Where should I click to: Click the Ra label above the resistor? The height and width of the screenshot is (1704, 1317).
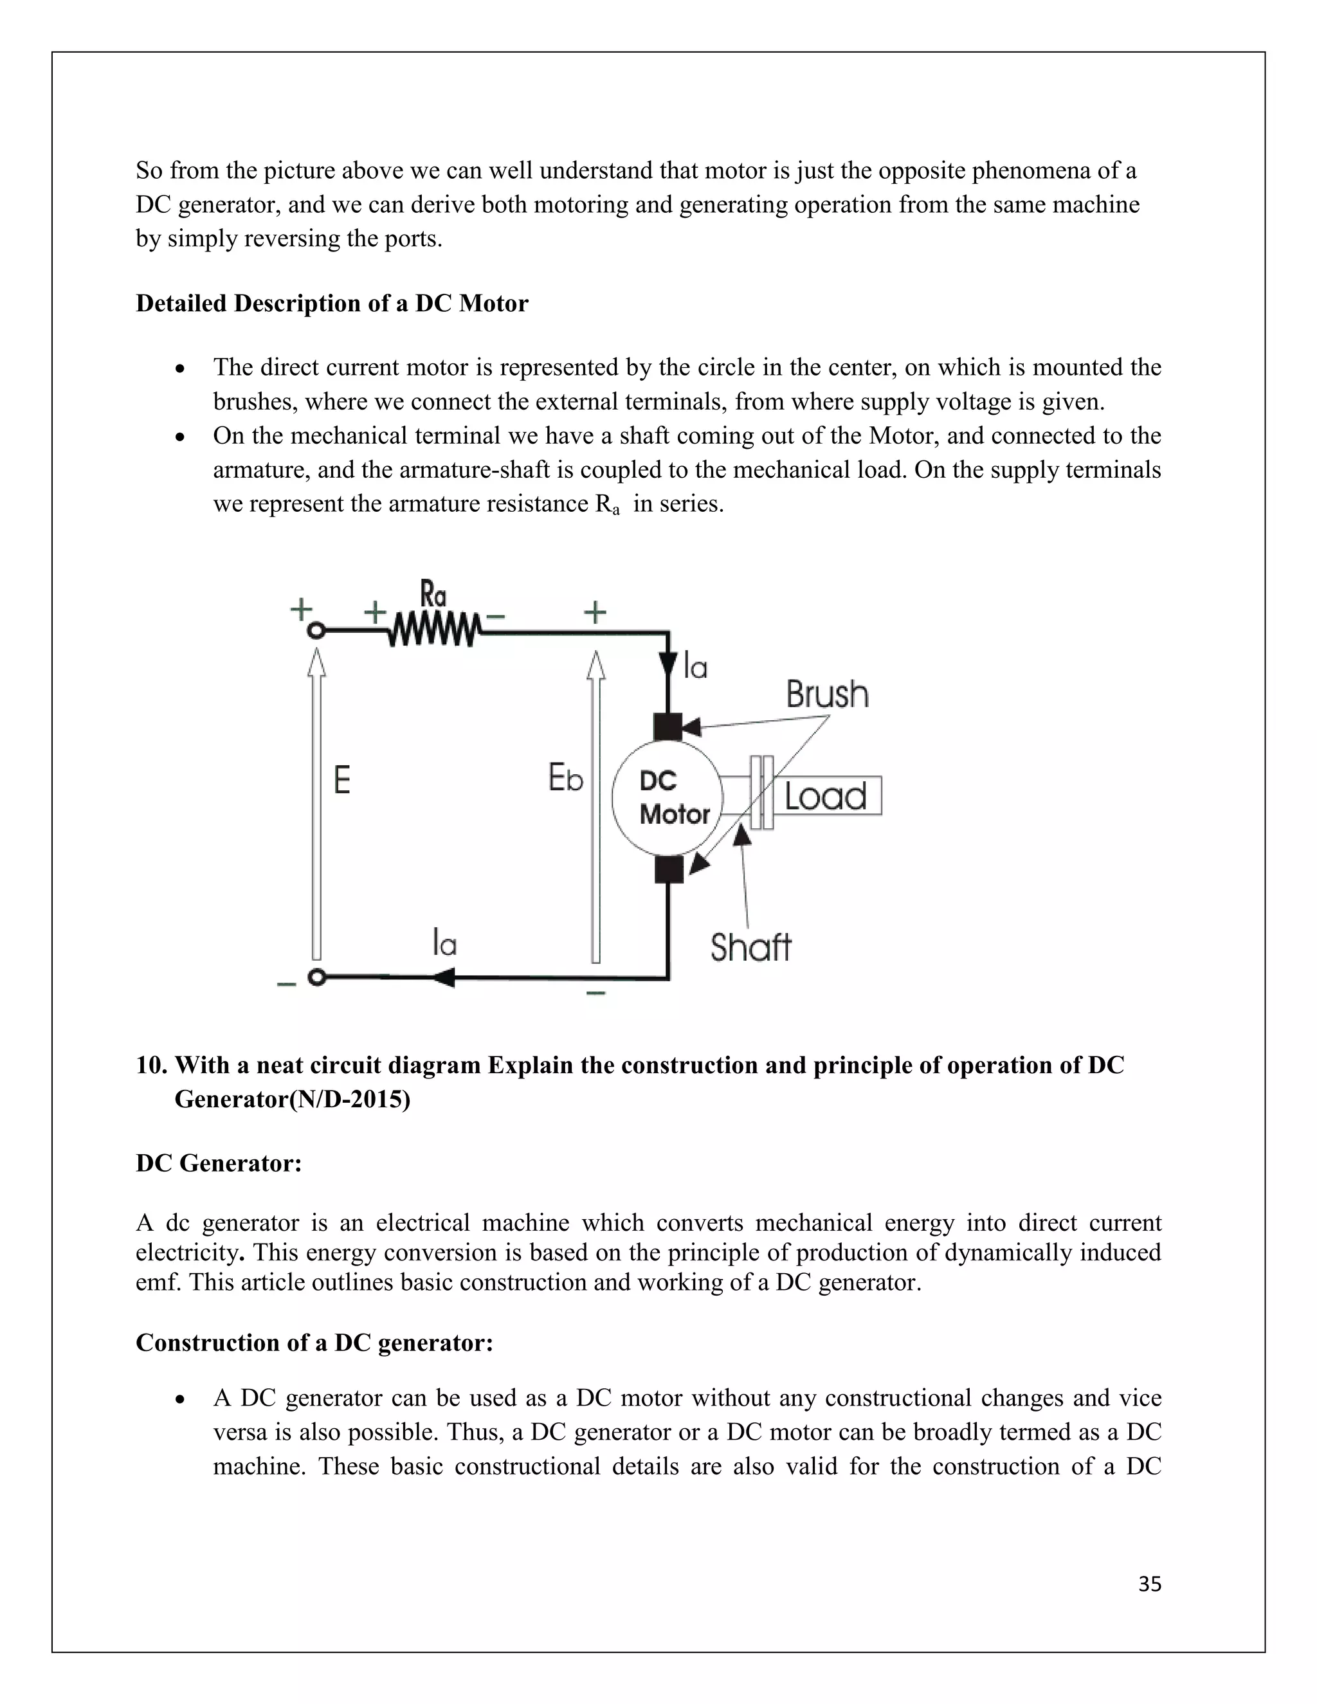tap(433, 595)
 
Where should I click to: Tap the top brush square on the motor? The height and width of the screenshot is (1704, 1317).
tap(668, 727)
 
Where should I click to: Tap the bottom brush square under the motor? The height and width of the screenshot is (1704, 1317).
tap(669, 868)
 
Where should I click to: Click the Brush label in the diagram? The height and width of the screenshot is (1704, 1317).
tap(827, 694)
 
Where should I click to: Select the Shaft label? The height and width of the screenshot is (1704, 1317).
tap(750, 947)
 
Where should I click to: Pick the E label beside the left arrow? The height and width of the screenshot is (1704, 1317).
tap(341, 779)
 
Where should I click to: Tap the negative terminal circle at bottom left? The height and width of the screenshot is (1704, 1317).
tap(316, 977)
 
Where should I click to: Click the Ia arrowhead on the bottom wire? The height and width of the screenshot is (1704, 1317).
tap(444, 977)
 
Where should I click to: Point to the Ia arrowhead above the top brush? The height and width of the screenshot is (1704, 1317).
tap(669, 665)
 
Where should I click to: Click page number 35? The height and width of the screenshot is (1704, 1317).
tap(1149, 1584)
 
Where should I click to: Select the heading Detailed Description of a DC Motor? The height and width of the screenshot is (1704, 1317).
tap(332, 304)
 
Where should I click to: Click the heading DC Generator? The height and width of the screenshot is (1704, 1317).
tap(219, 1163)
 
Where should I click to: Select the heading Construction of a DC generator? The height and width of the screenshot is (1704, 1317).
tap(314, 1342)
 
